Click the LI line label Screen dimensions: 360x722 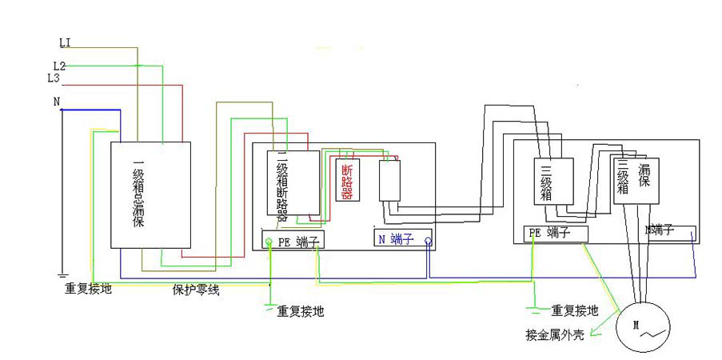click(66, 41)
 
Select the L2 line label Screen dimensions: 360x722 click(59, 65)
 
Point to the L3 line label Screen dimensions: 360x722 click(54, 78)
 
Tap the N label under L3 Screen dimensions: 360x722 click(56, 102)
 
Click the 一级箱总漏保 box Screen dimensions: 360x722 click(150, 194)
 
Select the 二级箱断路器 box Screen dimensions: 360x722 click(293, 183)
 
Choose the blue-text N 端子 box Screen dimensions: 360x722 click(404, 238)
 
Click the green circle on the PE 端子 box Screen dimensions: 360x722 click(269, 240)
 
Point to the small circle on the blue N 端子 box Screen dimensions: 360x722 click(429, 239)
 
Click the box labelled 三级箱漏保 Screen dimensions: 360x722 click(636, 181)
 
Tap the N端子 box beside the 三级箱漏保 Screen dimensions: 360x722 click(670, 231)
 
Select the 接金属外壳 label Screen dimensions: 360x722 click(555, 334)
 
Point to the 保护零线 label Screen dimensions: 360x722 click(196, 290)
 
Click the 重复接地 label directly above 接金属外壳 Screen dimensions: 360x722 click(574, 310)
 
